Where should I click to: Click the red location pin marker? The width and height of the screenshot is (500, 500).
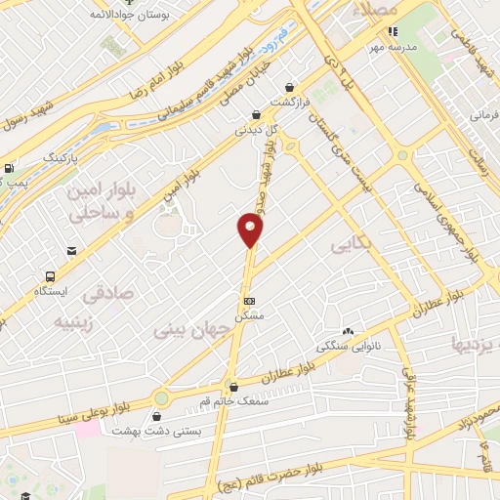(x=251, y=230)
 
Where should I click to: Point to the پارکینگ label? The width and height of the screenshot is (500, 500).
(x=57, y=155)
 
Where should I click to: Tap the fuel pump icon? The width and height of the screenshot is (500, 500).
(x=9, y=168)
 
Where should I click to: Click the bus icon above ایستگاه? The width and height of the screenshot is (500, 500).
(x=50, y=275)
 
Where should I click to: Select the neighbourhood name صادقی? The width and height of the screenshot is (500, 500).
(x=105, y=292)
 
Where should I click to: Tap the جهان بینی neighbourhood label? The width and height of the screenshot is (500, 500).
(x=192, y=330)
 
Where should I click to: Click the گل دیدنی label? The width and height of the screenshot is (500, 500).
(x=255, y=128)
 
